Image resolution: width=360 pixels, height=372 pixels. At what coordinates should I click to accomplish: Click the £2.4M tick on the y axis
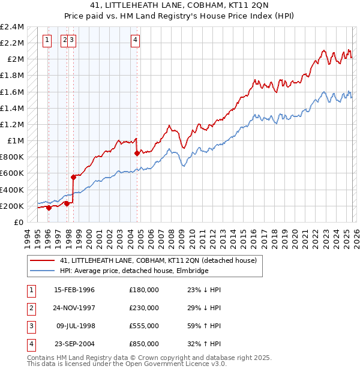[12, 27]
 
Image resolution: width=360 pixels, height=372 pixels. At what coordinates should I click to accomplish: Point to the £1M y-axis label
[14, 141]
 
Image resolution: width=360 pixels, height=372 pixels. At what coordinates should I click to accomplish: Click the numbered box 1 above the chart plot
[47, 40]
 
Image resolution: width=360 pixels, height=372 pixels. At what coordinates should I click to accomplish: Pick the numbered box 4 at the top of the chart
[136, 40]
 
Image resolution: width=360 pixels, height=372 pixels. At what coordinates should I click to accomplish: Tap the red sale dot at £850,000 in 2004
[137, 153]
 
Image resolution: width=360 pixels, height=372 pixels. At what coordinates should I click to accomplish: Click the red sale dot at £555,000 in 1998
[74, 177]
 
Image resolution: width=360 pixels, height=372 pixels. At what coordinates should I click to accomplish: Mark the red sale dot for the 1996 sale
[49, 208]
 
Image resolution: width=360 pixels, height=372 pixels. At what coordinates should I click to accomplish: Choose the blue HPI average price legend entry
[134, 271]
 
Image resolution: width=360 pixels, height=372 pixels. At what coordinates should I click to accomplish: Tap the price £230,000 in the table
[144, 308]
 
